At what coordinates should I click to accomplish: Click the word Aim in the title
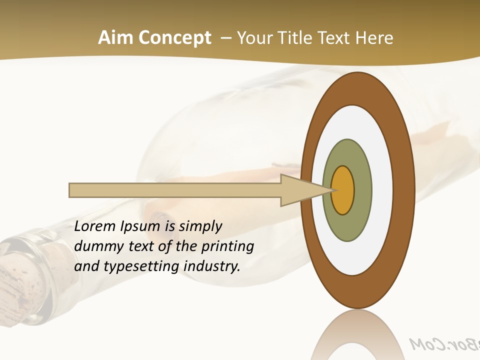[x=116, y=37]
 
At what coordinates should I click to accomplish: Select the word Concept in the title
[x=175, y=37]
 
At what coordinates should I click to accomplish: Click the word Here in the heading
[x=375, y=37]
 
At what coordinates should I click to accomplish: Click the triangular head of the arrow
[x=300, y=190]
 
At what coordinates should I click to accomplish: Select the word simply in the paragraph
[x=200, y=226]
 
